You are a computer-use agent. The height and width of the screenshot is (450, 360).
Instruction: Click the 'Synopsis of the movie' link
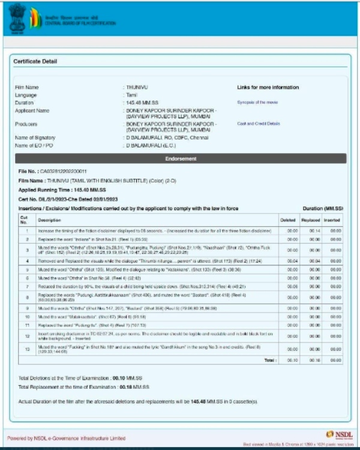pos(257,103)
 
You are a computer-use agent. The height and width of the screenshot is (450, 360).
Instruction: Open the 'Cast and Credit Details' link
pos(259,124)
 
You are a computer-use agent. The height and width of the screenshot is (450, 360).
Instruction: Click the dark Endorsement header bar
pos(180,158)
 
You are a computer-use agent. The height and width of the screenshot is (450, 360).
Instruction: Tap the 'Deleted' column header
pos(289,220)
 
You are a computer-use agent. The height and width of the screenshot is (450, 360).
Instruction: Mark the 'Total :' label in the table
pos(270,360)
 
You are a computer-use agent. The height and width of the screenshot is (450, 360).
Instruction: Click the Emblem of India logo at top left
pos(16,19)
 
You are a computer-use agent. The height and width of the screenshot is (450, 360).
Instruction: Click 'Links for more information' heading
pos(268,88)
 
